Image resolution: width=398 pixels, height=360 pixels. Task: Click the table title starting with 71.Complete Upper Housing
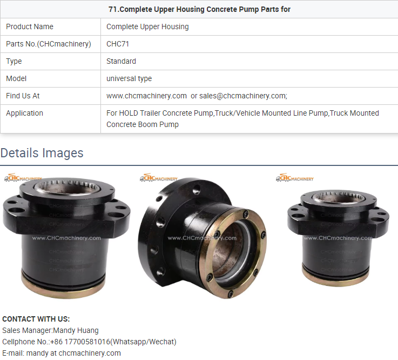(199, 9)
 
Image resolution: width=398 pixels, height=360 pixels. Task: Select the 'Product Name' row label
(30, 26)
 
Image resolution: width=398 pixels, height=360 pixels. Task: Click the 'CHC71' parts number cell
(118, 44)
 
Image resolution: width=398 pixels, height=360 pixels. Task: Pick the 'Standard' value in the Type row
(121, 61)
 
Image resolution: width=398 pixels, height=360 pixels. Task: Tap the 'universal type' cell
(129, 79)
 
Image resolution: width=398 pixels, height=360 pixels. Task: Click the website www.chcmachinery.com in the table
(146, 96)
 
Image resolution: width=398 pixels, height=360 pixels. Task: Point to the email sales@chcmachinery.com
(242, 96)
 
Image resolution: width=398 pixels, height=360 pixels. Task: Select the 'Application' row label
(25, 114)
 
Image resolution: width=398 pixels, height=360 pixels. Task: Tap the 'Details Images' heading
(42, 153)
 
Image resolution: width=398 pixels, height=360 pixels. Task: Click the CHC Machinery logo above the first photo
(23, 178)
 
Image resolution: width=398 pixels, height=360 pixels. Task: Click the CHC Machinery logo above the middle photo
(159, 178)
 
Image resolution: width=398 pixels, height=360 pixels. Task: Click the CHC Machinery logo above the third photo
(295, 178)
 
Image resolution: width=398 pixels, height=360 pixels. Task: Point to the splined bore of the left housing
(67, 186)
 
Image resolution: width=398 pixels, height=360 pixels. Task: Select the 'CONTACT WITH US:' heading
(36, 319)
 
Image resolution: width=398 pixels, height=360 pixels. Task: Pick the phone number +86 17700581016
(80, 342)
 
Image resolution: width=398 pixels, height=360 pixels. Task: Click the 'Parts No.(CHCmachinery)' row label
(49, 44)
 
